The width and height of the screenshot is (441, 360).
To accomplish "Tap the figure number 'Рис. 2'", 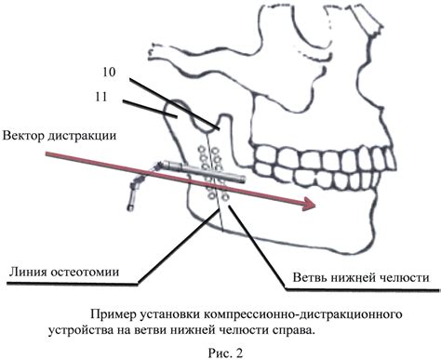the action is pos(220,349).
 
